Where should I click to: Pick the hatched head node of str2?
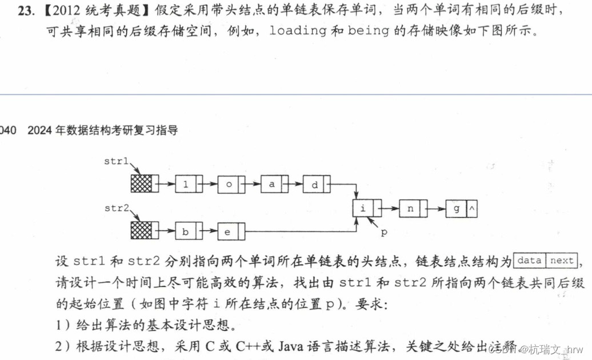click(142, 231)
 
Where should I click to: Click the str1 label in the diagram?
click(116, 161)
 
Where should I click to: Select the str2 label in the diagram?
click(116, 208)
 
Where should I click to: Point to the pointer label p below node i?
click(383, 233)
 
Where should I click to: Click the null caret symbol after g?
click(472, 209)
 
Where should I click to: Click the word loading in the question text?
click(298, 30)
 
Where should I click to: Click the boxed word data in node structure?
click(529, 261)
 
